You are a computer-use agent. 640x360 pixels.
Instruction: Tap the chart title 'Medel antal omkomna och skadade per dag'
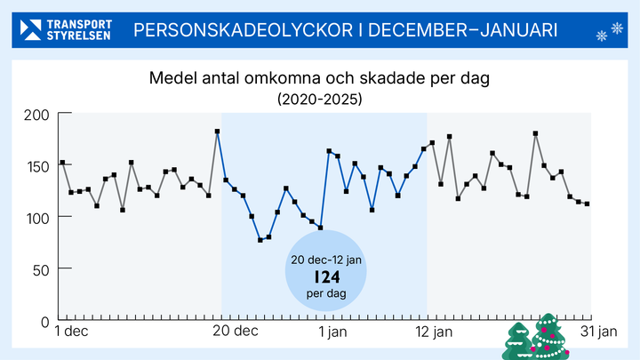319,79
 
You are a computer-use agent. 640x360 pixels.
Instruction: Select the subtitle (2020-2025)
319,99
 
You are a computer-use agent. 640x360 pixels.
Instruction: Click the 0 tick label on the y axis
44,320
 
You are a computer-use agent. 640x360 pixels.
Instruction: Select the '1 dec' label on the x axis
71,332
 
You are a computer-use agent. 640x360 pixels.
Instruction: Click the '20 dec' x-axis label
236,332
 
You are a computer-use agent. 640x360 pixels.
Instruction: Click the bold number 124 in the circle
325,276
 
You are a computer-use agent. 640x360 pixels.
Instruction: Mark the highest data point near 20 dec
217,132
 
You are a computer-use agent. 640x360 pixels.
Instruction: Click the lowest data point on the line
260,240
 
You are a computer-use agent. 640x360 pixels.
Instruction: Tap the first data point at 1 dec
62,163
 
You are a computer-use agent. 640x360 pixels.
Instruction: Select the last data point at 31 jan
587,204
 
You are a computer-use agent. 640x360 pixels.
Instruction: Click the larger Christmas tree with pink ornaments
548,336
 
